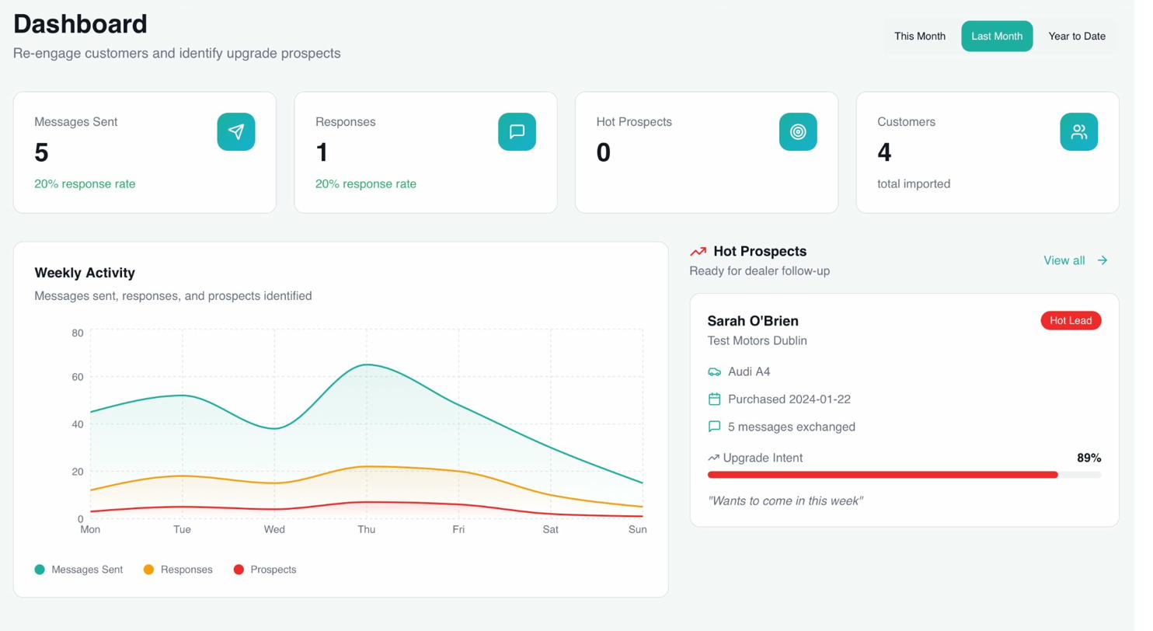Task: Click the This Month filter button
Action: coord(919,36)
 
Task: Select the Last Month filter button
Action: coord(997,36)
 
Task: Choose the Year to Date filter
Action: coord(1076,36)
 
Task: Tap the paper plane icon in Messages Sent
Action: coord(236,132)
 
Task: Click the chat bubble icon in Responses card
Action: coord(517,132)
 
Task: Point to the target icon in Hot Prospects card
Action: coord(798,132)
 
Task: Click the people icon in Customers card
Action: coord(1078,132)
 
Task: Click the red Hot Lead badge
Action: coord(1071,320)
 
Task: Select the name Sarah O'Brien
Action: coord(752,321)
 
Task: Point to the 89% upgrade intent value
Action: coord(1089,458)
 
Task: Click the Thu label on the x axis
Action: coord(366,529)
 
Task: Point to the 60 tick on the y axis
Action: coord(77,377)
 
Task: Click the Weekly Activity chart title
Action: coord(85,273)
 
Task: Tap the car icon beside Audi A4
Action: coord(714,372)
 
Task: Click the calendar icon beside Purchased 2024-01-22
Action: coord(714,399)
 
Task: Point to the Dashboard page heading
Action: coord(80,23)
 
